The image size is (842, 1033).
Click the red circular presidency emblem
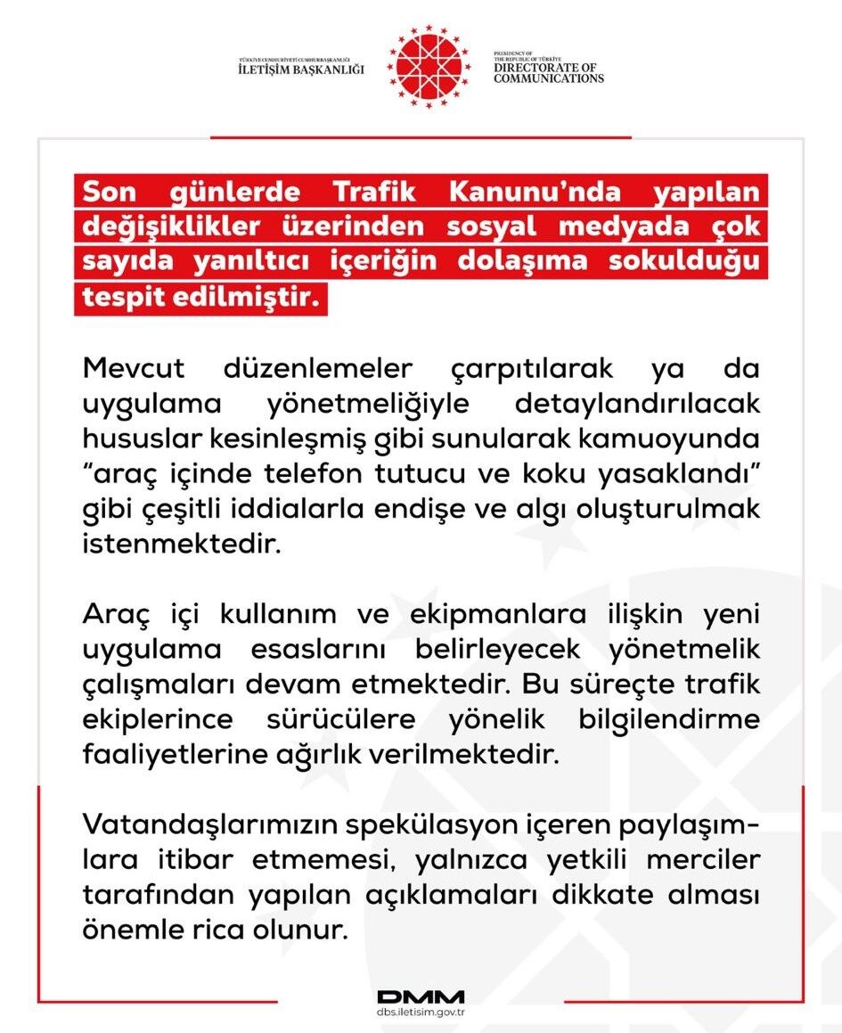tap(430, 67)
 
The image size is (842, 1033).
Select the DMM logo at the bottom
tap(421, 996)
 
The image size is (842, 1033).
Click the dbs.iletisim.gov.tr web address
tap(421, 1014)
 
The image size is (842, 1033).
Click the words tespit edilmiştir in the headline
tap(200, 298)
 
